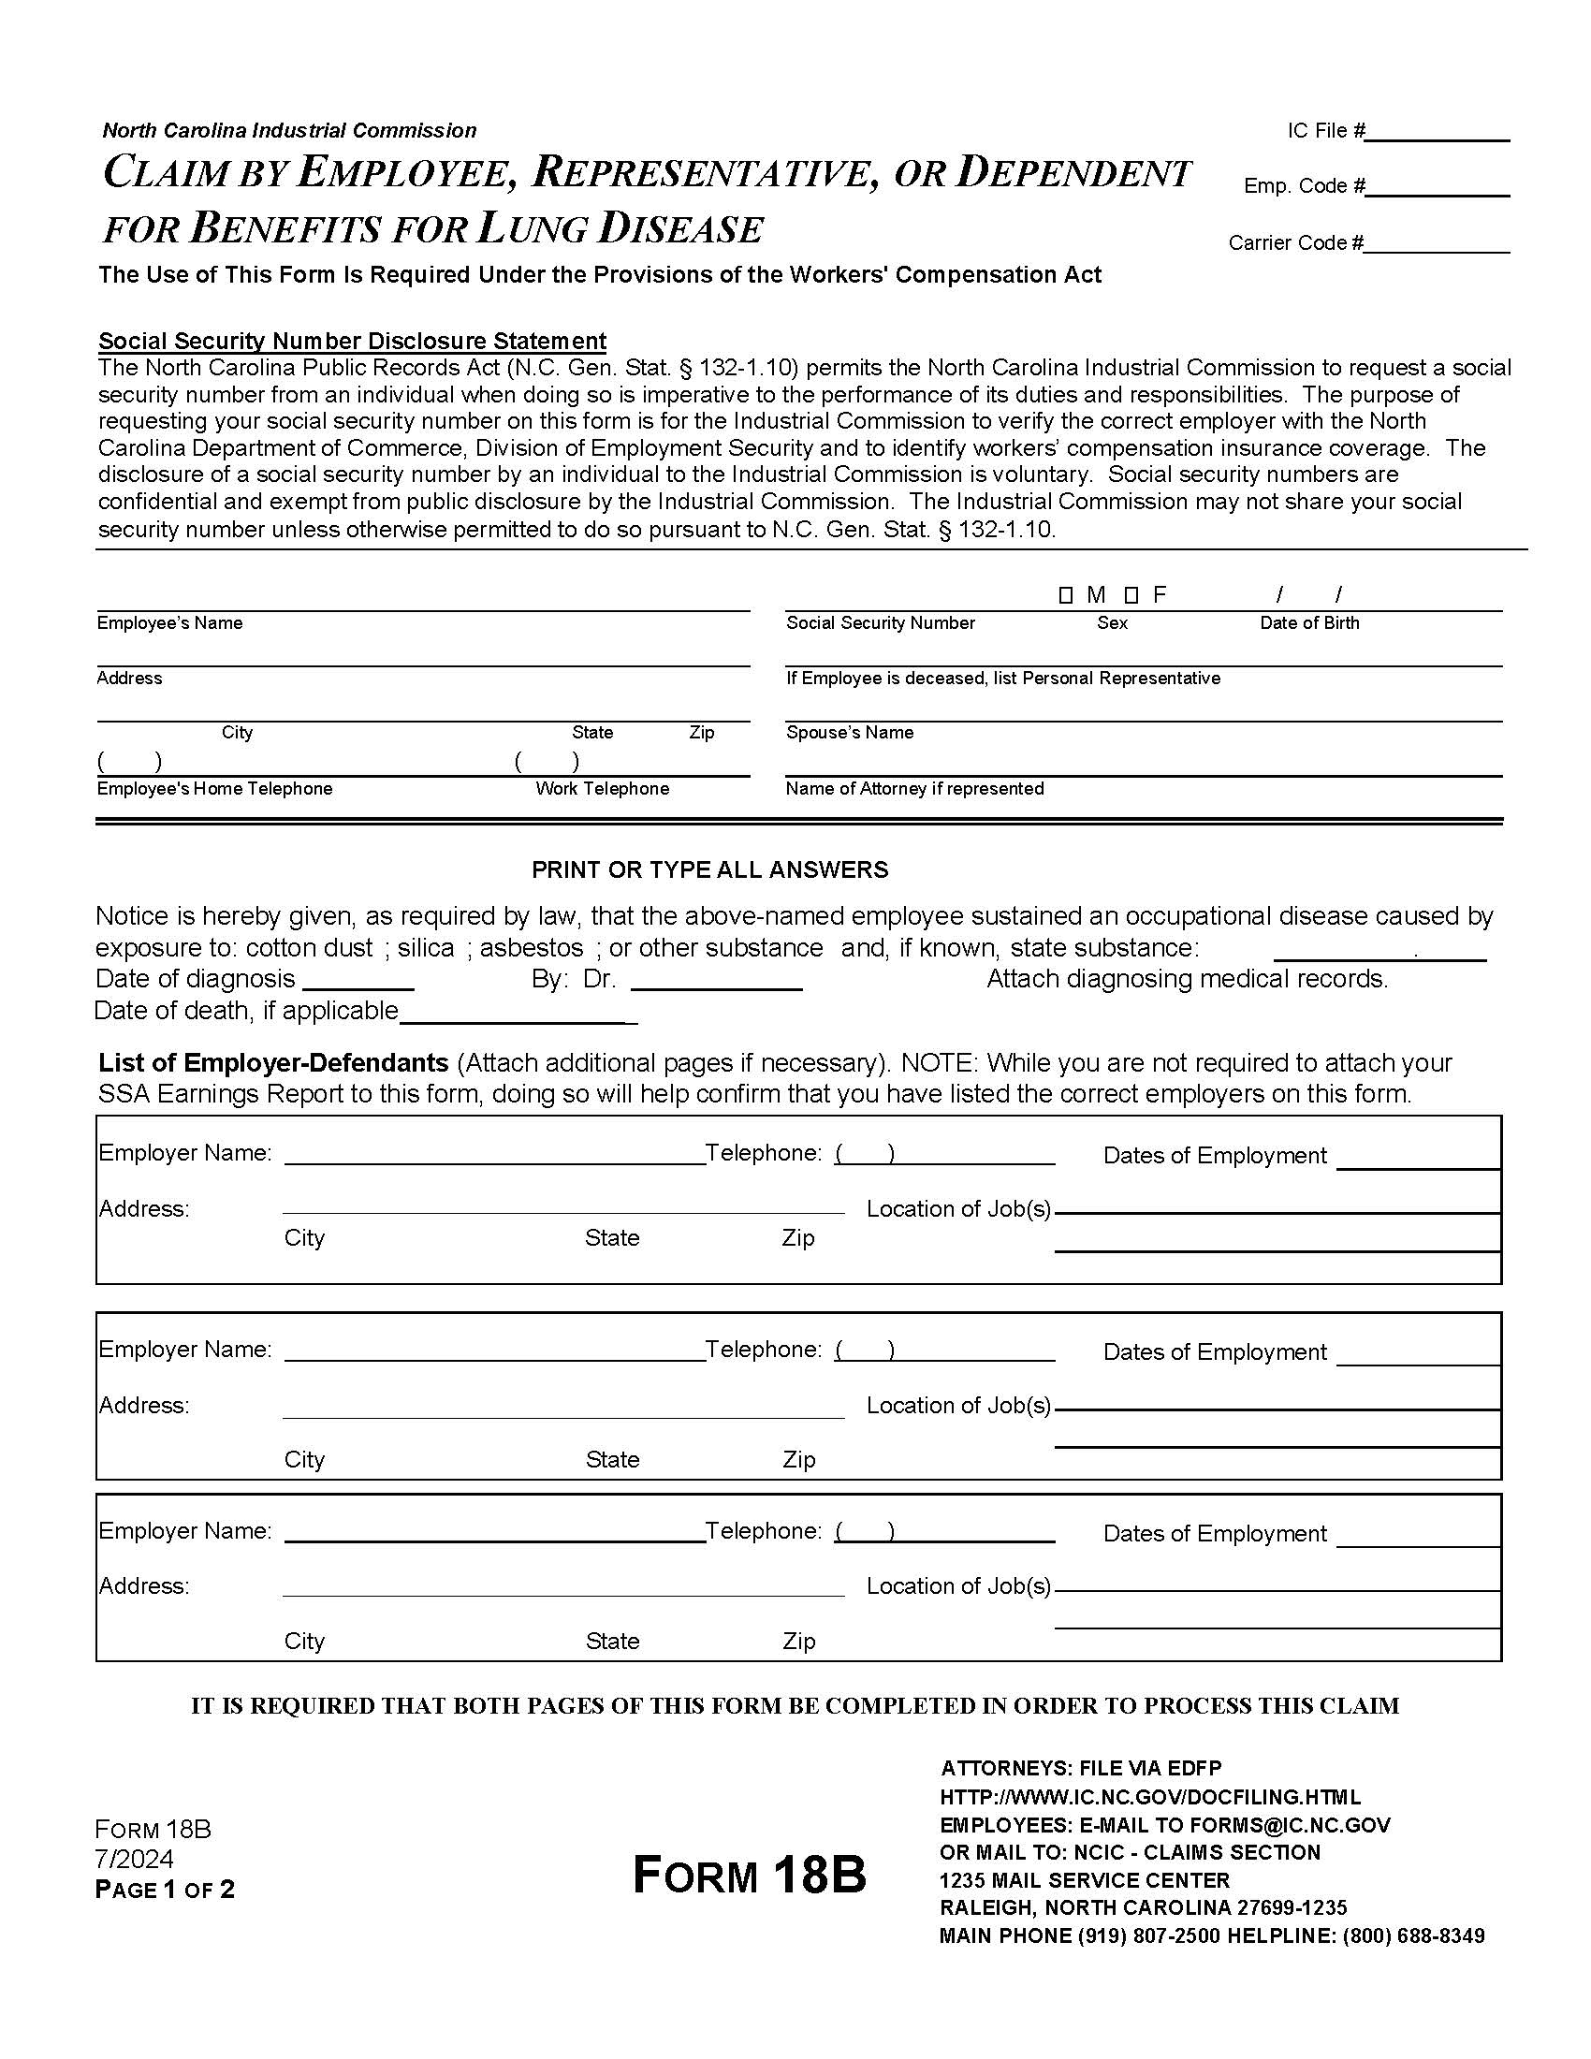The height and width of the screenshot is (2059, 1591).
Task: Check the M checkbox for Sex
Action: (x=1066, y=595)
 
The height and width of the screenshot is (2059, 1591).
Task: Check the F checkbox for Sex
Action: (x=1132, y=595)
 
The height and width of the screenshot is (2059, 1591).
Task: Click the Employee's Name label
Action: (x=169, y=623)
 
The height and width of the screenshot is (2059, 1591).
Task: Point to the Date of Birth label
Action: (x=1309, y=623)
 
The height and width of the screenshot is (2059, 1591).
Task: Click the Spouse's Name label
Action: (x=849, y=733)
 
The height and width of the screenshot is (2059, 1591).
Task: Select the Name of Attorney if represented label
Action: (x=914, y=788)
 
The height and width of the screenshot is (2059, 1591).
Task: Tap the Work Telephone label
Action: (x=603, y=788)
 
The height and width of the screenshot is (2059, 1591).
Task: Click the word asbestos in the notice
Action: (x=532, y=947)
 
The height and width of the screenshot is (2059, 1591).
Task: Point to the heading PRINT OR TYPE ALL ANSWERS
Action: (x=709, y=869)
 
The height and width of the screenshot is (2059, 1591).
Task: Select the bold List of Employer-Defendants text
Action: (x=273, y=1062)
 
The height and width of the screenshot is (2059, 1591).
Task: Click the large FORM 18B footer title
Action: (x=750, y=1875)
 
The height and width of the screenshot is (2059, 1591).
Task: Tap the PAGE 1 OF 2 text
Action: (x=165, y=1890)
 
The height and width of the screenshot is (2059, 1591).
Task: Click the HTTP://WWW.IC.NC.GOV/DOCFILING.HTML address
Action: (x=1150, y=1797)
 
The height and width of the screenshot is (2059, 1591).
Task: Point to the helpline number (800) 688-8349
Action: (x=1413, y=1935)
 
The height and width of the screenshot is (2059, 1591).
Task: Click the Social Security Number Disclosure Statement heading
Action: (x=353, y=341)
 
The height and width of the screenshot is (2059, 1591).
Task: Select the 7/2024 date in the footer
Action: (x=134, y=1859)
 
